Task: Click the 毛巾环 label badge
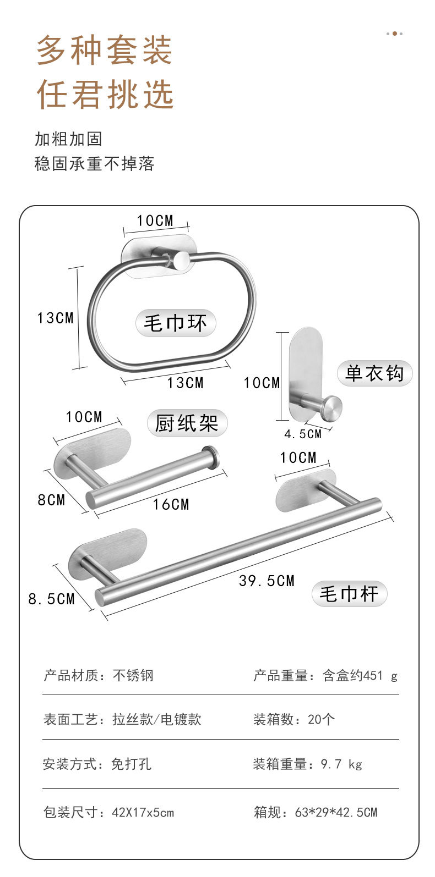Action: tap(175, 323)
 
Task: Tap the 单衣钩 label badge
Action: tap(374, 374)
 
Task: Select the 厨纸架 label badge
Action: tap(187, 423)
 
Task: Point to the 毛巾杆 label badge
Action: tap(350, 594)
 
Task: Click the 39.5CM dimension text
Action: tap(267, 581)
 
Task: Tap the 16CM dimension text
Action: tap(171, 504)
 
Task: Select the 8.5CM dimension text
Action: tap(52, 599)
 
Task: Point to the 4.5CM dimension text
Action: tap(303, 434)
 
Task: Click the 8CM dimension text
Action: tap(51, 500)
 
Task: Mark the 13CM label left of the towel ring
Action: tap(56, 318)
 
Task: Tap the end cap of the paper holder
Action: tap(210, 456)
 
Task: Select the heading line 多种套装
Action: tap(105, 50)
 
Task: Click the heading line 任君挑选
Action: tap(105, 94)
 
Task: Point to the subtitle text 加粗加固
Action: tap(69, 139)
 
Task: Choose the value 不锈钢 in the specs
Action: tap(133, 675)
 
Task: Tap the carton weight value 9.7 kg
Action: tap(341, 764)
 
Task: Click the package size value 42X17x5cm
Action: tap(143, 812)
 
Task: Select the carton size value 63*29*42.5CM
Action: tap(336, 812)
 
